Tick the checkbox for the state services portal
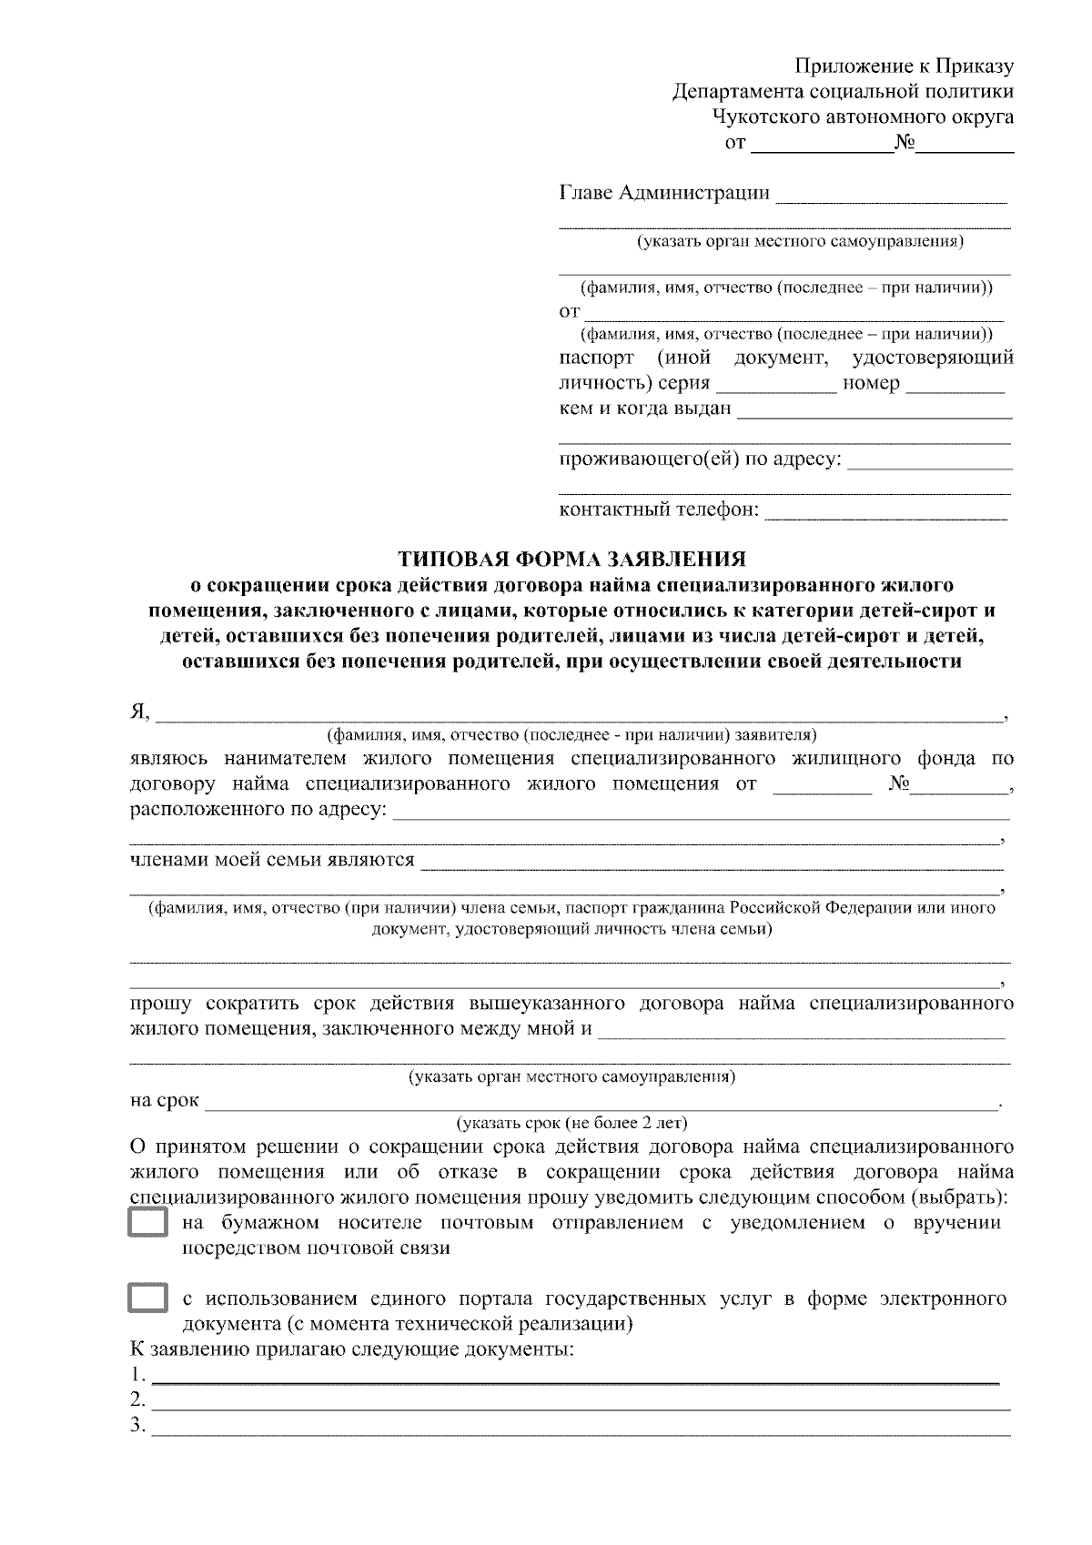point(147,1298)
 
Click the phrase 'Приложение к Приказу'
point(904,66)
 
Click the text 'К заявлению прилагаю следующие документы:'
point(353,1349)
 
